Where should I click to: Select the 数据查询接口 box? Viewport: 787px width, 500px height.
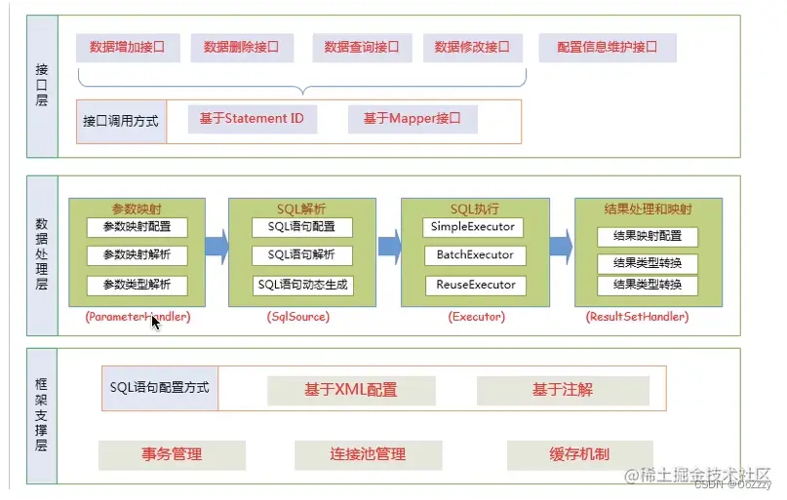point(362,47)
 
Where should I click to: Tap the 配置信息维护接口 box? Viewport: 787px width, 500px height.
point(607,47)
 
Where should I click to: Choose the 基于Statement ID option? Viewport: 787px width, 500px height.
point(251,119)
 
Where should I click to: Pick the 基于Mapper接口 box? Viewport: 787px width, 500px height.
point(413,119)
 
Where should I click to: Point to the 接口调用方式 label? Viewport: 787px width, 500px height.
point(121,122)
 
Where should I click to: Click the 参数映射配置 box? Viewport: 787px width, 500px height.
point(136,227)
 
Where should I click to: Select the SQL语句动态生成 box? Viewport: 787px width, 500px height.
point(302,286)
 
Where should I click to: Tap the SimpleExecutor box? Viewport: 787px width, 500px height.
point(474,227)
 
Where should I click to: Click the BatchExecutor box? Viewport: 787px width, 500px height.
point(474,255)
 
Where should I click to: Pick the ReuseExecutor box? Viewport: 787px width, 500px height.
point(474,286)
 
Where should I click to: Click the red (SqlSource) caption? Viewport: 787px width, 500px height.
point(297,317)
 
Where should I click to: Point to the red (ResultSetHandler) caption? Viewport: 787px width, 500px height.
point(637,317)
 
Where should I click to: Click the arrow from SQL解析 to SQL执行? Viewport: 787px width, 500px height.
point(389,245)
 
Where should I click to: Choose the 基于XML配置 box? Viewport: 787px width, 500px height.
point(350,390)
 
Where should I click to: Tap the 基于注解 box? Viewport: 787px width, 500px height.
point(563,390)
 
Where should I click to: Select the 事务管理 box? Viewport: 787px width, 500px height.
point(172,454)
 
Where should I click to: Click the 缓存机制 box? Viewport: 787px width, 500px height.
point(579,454)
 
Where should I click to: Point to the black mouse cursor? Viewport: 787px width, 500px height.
point(155,321)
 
